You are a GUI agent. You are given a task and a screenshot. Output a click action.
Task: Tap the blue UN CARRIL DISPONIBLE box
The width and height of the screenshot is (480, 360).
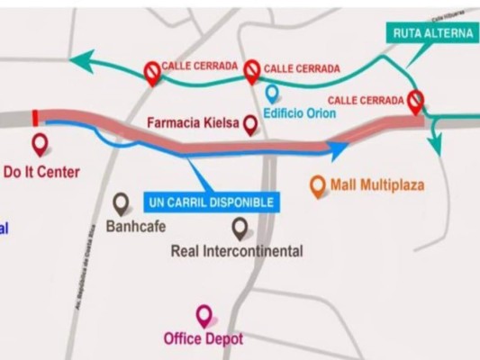209,202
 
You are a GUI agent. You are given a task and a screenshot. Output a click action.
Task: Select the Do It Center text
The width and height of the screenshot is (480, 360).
41,171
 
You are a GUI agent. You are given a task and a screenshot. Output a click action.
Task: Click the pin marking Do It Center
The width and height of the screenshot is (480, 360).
39,144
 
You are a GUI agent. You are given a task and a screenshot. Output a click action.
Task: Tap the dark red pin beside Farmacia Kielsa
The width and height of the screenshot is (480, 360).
251,126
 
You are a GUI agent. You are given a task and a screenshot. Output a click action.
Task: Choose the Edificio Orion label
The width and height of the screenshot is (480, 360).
299,113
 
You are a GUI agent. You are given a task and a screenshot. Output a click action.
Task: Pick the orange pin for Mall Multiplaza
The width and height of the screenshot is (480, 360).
317,186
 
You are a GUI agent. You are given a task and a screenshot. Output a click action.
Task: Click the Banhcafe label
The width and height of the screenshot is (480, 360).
136,226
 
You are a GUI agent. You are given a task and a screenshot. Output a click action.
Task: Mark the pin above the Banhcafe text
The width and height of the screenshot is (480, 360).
122,203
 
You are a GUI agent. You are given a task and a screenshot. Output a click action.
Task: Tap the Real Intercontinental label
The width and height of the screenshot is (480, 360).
236,251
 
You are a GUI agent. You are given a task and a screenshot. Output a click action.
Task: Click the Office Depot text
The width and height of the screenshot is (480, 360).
204,339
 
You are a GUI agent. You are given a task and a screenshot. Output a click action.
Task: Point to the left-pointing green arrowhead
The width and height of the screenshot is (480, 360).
81,61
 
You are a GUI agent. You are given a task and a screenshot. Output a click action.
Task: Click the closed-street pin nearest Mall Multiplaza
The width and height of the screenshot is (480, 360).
415,101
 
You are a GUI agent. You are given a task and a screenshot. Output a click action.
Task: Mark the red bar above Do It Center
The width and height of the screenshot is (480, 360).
34,117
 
